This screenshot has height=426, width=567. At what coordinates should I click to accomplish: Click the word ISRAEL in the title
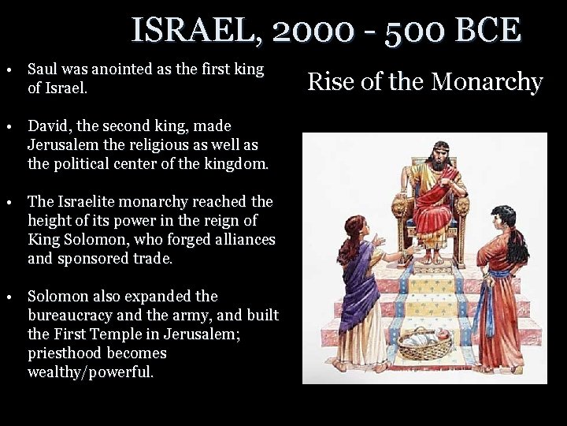(196, 31)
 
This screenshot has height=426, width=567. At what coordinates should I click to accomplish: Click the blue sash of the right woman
(498, 276)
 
